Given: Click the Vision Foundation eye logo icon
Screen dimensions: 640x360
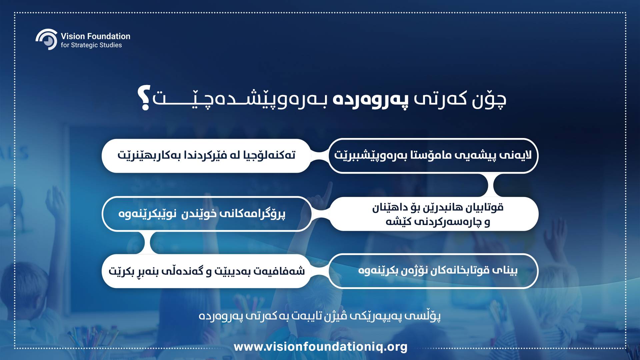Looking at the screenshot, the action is point(47,39).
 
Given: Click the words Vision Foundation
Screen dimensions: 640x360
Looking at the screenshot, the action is point(95,36).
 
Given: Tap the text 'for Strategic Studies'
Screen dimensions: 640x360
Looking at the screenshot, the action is point(91,45).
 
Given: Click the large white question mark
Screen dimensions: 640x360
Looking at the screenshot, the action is point(145,97).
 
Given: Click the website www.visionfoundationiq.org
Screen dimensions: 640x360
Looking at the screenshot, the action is point(321,347).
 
